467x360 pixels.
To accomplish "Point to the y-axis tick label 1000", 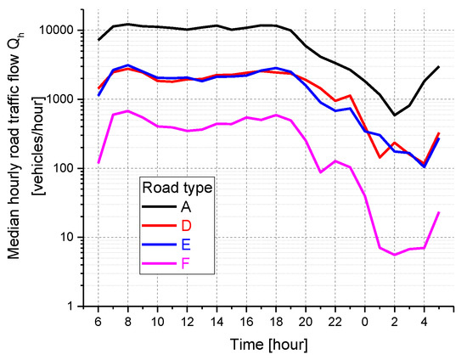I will pos(65,99).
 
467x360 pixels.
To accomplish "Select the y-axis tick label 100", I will pos(68,168).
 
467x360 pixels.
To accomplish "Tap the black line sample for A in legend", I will pos(160,206).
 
